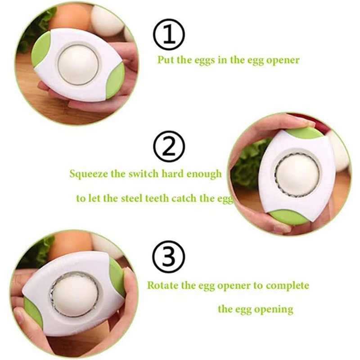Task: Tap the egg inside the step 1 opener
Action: click(78, 65)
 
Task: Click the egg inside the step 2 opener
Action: click(297, 175)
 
